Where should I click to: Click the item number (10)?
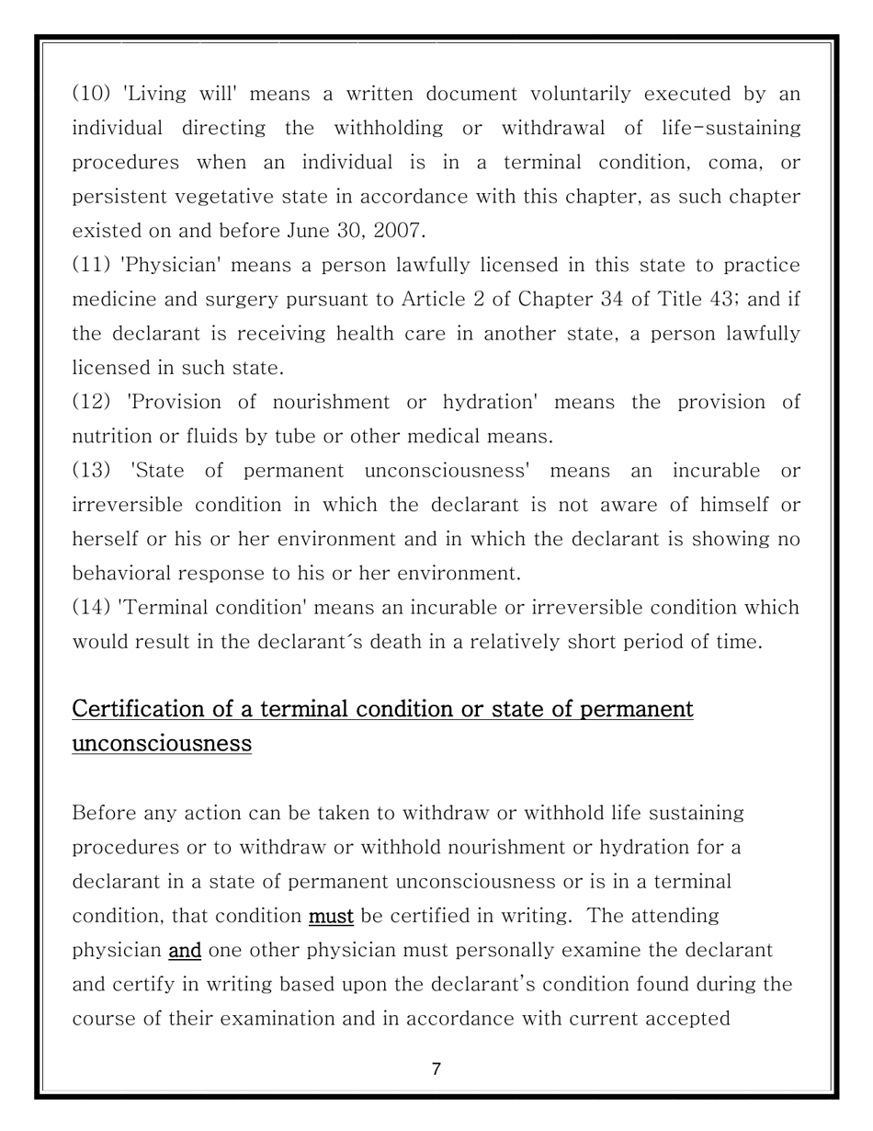coord(91,94)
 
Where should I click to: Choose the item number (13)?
coord(91,471)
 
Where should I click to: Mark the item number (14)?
coord(91,608)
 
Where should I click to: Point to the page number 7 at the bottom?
coord(436,1068)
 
